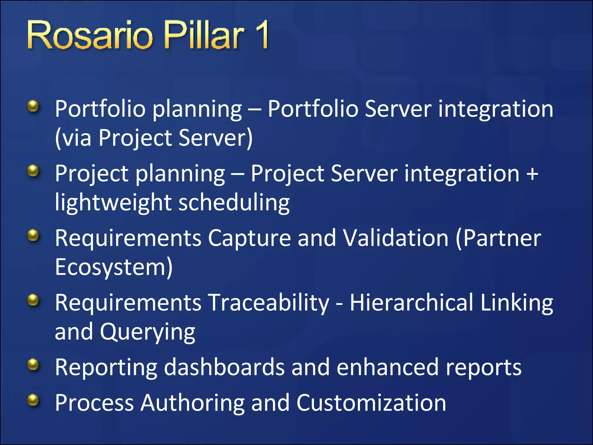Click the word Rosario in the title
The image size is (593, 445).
point(90,36)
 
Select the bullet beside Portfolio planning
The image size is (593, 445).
point(33,106)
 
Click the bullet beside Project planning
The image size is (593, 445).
point(33,171)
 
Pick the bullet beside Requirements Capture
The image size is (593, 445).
point(33,235)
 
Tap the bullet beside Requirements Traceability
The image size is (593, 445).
point(33,300)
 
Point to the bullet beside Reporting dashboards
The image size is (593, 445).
point(33,365)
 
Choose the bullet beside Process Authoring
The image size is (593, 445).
point(33,400)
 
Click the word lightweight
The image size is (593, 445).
point(113,203)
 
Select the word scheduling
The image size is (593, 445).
point(234,203)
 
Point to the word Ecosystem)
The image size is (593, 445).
point(114,267)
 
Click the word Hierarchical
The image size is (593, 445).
point(411,303)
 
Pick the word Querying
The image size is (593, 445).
point(148,332)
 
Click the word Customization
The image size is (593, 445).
point(371,403)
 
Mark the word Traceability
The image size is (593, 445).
point(268,303)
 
